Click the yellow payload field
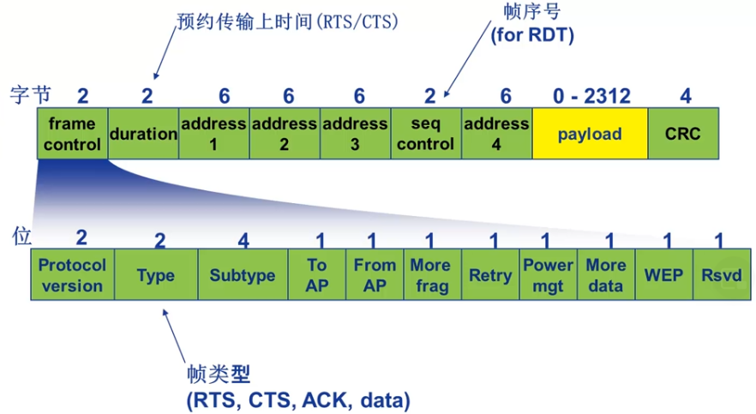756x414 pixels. pos(589,134)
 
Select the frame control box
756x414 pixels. pos(72,134)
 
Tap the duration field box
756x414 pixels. pos(143,134)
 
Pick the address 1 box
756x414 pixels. pos(213,134)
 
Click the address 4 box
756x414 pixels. pos(496,134)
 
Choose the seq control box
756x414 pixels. pos(425,134)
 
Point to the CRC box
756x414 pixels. pos(683,134)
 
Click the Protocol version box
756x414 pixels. pos(72,275)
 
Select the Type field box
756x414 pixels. pos(155,275)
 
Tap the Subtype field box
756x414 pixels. pos(243,275)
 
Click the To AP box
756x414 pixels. pos(317,275)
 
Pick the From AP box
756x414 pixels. pos(375,275)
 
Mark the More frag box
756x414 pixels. pos(432,275)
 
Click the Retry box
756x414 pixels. pos(490,275)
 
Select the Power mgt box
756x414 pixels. pos(548,275)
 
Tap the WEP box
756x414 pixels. pos(663,275)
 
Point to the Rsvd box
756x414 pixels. pos(721,275)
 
